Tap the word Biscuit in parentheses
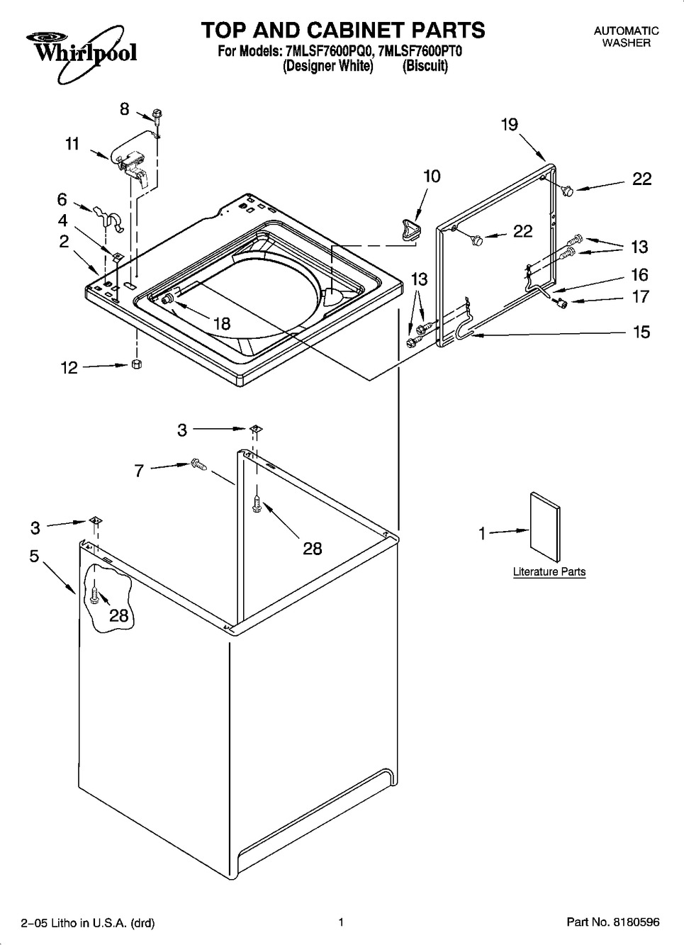[x=425, y=66]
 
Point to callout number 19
[x=510, y=125]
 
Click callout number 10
[x=432, y=176]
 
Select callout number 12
[x=69, y=368]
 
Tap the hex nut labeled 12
[x=136, y=364]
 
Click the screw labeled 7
[x=198, y=464]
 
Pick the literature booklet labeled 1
[x=545, y=527]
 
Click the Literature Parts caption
[x=549, y=571]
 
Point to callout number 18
[x=223, y=323]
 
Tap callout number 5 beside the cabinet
[x=34, y=556]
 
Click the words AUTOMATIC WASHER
[x=626, y=37]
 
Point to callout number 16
[x=639, y=274]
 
